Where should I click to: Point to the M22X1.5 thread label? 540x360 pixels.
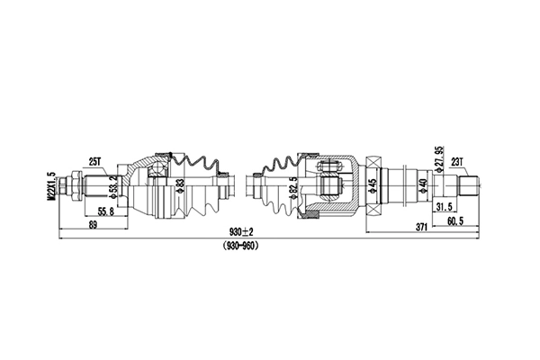(x=52, y=189)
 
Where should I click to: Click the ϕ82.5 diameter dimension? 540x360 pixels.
(x=293, y=191)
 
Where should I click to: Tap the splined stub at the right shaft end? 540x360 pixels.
(x=472, y=189)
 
